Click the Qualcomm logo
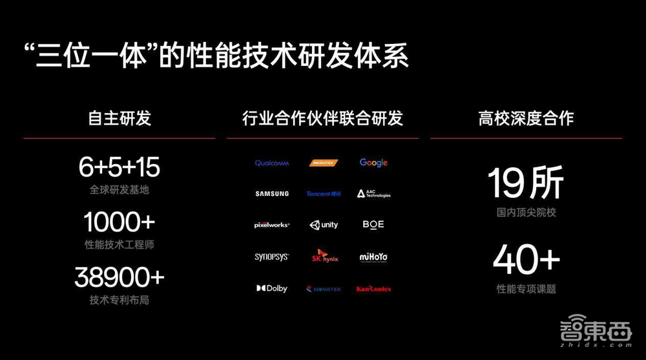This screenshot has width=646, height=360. pyautogui.click(x=272, y=163)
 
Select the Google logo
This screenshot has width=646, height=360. pyautogui.click(x=373, y=163)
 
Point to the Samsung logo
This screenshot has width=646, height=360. pyautogui.click(x=272, y=194)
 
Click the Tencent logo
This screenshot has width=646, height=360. pyautogui.click(x=323, y=194)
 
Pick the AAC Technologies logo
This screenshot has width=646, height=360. pyautogui.click(x=373, y=194)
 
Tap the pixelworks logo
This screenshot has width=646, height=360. pyautogui.click(x=272, y=225)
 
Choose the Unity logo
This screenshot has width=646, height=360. pyautogui.click(x=324, y=225)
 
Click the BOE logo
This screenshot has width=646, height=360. pyautogui.click(x=373, y=224)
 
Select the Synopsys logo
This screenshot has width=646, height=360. pyautogui.click(x=272, y=257)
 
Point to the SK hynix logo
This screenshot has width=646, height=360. pyautogui.click(x=323, y=256)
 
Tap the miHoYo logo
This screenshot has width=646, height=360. pyautogui.click(x=373, y=257)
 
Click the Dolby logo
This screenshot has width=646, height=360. pyautogui.click(x=272, y=288)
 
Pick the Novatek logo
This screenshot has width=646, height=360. pyautogui.click(x=324, y=289)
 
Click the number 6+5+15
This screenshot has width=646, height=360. pyautogui.click(x=120, y=168)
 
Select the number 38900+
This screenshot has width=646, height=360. pyautogui.click(x=120, y=278)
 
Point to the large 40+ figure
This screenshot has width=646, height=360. pyautogui.click(x=526, y=260)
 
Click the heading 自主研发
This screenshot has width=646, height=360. pyautogui.click(x=120, y=118)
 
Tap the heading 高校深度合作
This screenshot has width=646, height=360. pyautogui.click(x=526, y=118)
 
